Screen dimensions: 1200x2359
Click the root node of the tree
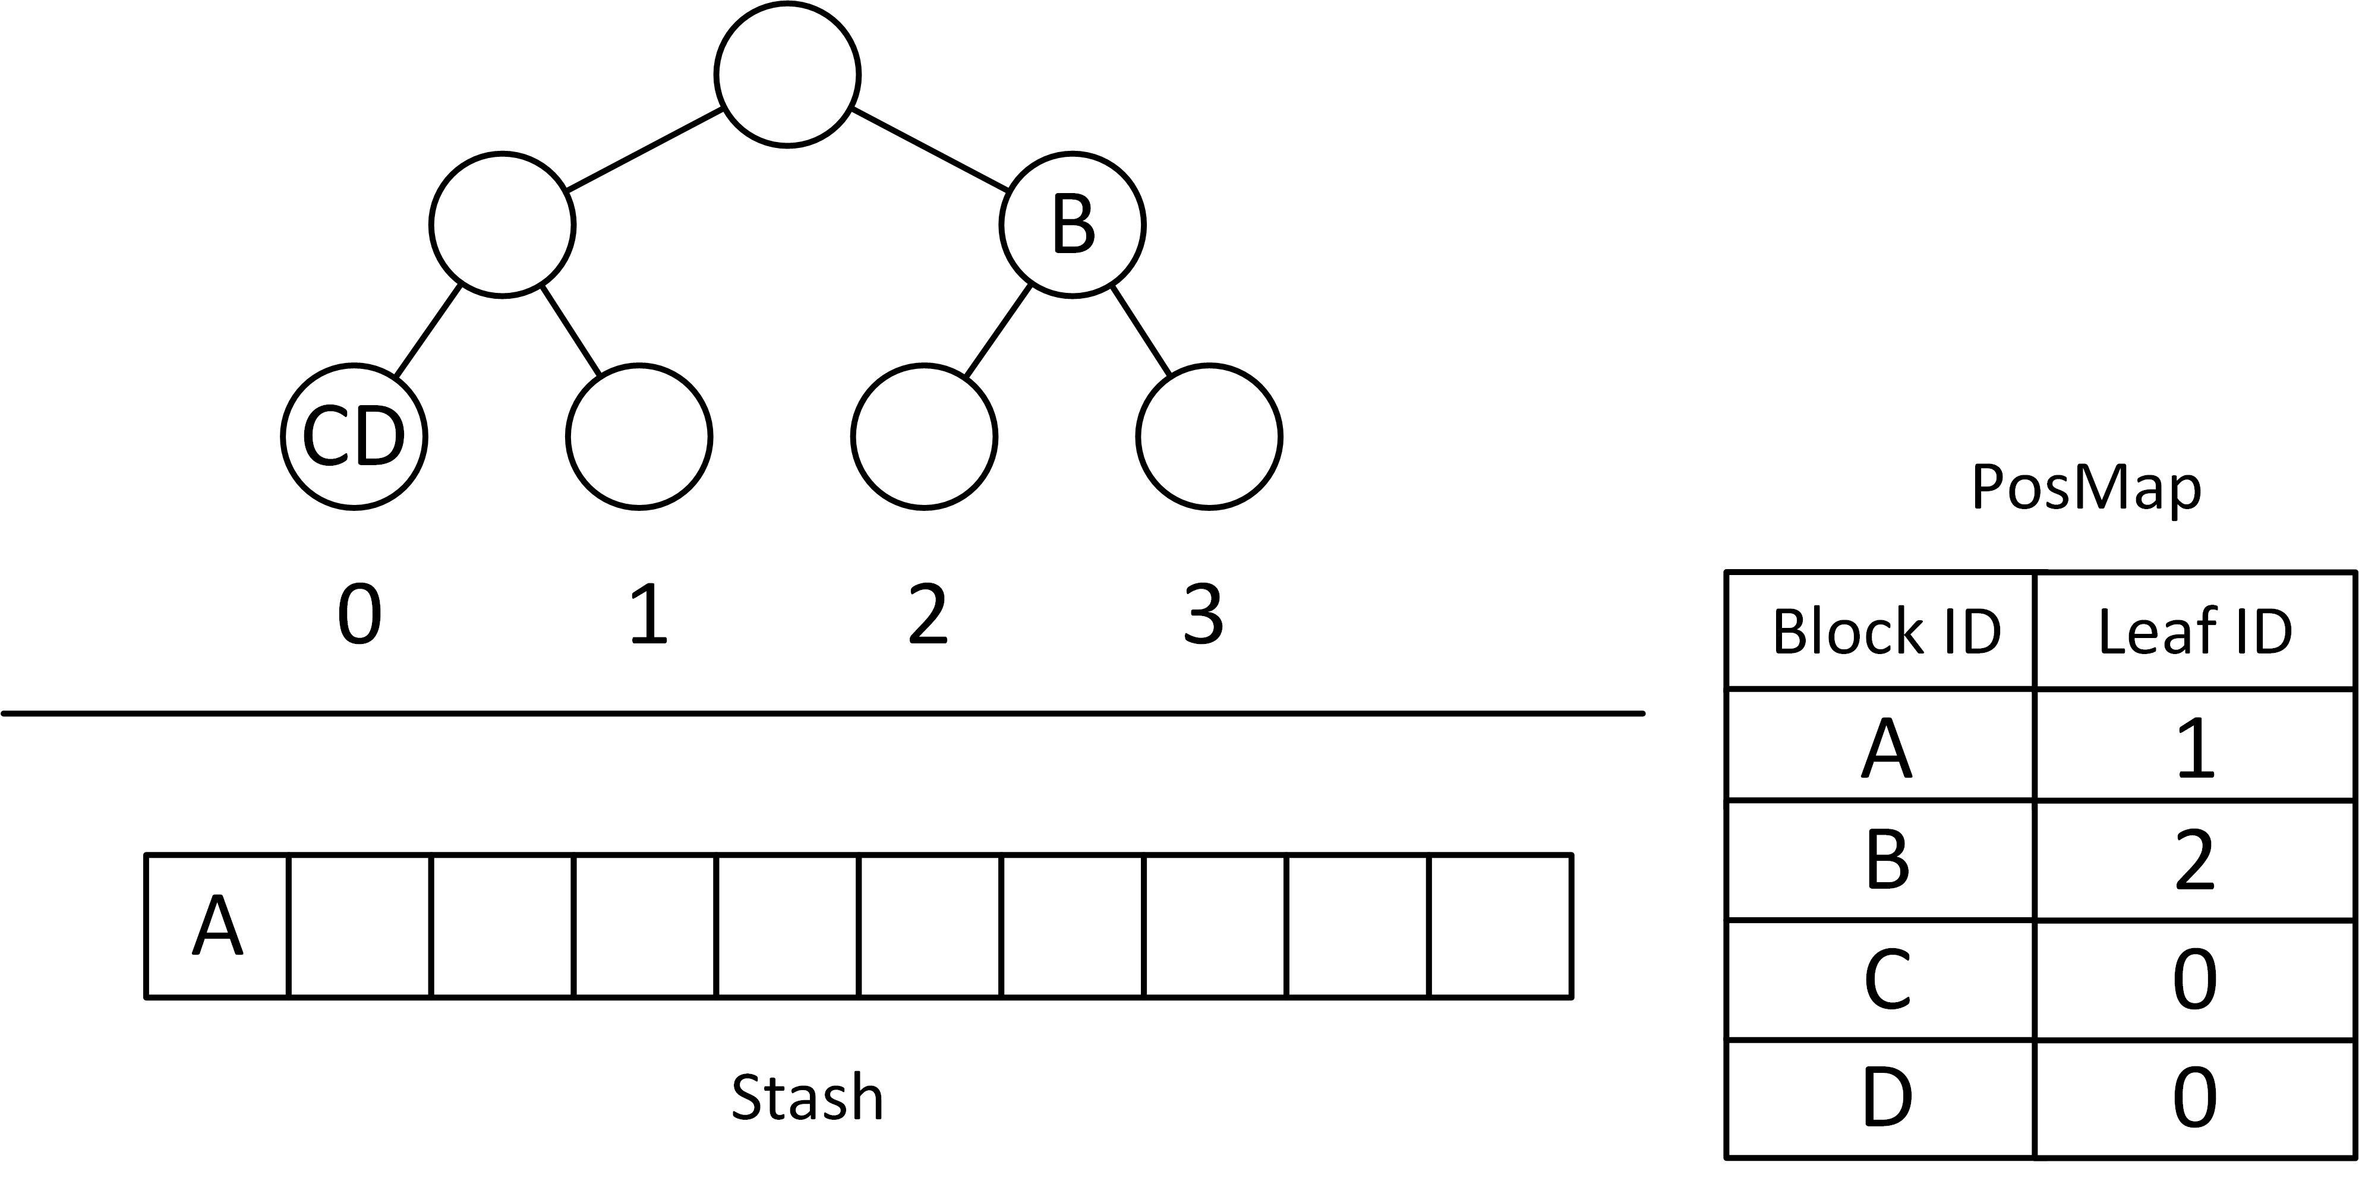pos(787,74)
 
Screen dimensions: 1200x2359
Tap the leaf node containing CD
pos(354,437)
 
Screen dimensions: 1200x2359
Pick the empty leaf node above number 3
pos(1209,437)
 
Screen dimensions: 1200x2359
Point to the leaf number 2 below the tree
pos(927,615)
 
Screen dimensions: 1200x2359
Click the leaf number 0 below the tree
pos(359,615)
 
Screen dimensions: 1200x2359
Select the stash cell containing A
pos(217,926)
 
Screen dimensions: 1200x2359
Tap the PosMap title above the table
pos(2085,488)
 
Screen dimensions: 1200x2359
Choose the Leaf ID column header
pos(2194,631)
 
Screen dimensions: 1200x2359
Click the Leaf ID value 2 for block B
pos(2194,861)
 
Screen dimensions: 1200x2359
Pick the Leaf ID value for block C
pos(2194,980)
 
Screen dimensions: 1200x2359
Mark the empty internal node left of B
pos(503,224)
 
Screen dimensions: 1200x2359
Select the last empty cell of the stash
pos(1500,926)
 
